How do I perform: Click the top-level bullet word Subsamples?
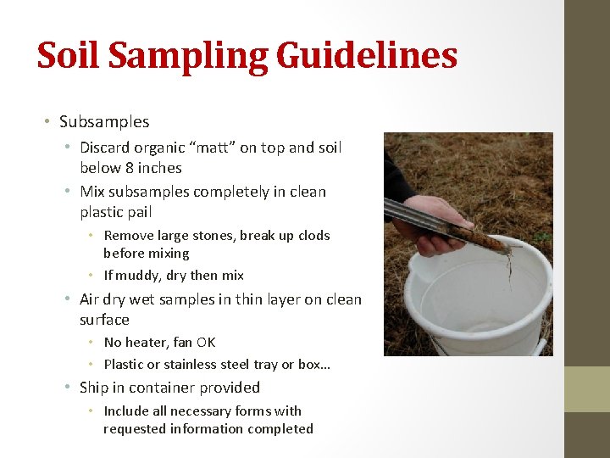[x=104, y=121]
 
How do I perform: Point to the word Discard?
[x=106, y=148]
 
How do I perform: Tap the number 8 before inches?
[x=130, y=168]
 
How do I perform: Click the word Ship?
[x=94, y=388]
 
